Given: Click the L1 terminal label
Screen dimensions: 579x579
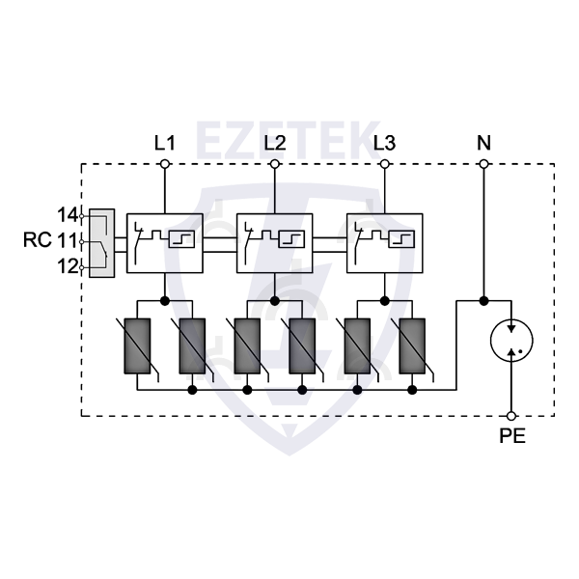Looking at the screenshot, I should tap(165, 143).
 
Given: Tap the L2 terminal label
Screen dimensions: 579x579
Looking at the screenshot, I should tap(275, 143).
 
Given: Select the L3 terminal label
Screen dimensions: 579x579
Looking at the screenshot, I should tap(384, 143).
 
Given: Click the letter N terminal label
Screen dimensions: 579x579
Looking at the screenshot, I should tap(483, 143).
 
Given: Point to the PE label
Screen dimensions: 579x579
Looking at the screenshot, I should tap(512, 435).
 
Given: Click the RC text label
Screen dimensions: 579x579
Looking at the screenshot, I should tap(38, 240).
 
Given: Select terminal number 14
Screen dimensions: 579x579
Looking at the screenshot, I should tap(67, 214).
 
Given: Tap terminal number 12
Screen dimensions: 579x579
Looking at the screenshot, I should tap(67, 267).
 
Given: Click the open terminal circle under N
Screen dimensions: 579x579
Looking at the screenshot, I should tap(483, 164).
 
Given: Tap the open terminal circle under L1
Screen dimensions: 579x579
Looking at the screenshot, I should tap(165, 164).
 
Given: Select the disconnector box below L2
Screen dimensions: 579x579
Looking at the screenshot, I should tap(275, 241).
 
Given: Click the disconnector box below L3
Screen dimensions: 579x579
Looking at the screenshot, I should tap(384, 241).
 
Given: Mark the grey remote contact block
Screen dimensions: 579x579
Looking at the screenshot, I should tap(101, 242).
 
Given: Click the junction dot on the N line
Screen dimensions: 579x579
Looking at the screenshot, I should tap(483, 300).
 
